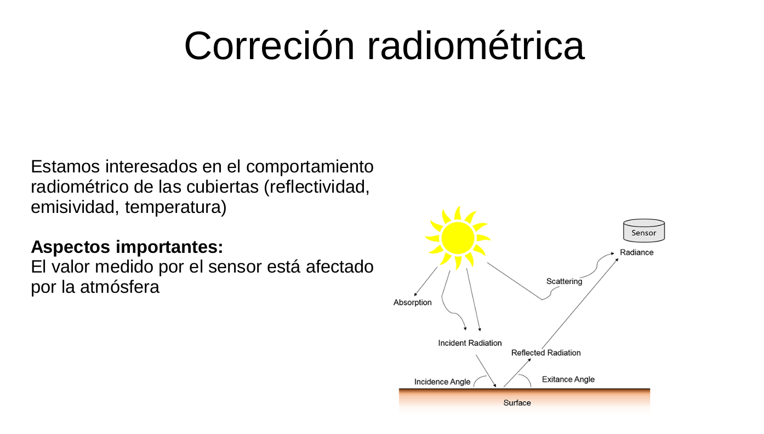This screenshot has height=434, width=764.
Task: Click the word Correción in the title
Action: [269, 46]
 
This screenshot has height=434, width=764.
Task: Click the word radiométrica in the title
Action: [475, 46]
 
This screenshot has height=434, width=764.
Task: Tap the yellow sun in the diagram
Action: [458, 238]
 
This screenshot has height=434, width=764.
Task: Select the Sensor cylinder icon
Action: [644, 232]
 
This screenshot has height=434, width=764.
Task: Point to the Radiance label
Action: [636, 252]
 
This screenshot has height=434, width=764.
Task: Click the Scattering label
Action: [564, 281]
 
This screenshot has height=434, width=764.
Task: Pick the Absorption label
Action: [412, 303]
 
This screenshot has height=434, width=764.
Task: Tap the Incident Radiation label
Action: [470, 343]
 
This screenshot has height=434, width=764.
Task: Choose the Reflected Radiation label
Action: [545, 353]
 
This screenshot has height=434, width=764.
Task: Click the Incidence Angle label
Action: [442, 382]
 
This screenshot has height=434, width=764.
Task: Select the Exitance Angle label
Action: [568, 379]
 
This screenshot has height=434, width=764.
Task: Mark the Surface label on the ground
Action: [517, 403]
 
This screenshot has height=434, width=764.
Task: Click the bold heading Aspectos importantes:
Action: [127, 247]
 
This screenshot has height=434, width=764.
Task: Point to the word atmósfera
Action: [119, 287]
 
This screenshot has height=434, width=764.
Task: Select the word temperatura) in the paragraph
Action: [175, 208]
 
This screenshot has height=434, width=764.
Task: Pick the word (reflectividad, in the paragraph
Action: [317, 187]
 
